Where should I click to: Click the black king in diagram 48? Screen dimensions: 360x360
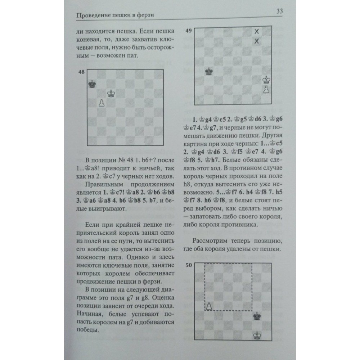pos(93,84)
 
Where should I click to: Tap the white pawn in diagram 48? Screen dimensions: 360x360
pos(102,103)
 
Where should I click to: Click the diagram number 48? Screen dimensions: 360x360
pos(81,72)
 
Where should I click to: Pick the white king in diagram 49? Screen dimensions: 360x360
pos(266,79)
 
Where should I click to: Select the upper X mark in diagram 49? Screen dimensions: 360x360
pos(257,32)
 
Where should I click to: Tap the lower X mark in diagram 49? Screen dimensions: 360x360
pos(257,41)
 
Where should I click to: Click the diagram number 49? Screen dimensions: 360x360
pos(188,31)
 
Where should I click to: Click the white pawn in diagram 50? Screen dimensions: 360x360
pos(208,306)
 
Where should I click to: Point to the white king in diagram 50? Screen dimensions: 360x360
pos(257,335)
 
